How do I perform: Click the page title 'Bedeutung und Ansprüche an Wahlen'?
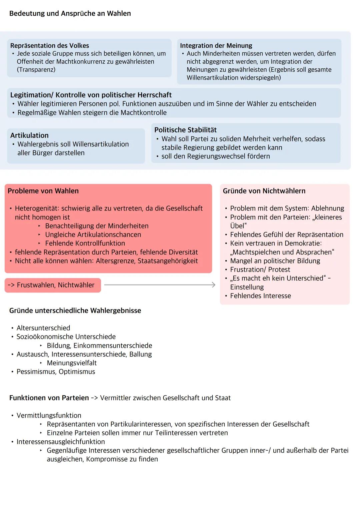(x=70, y=14)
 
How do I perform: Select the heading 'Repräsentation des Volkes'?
(x=50, y=46)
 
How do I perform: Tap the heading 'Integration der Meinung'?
(x=216, y=46)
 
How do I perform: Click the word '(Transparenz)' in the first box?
(x=36, y=70)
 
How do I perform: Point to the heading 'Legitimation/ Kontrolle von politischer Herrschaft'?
(x=91, y=95)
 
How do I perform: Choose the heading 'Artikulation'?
(x=29, y=135)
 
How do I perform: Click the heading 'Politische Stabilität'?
(x=185, y=130)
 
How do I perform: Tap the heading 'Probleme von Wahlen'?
(x=43, y=191)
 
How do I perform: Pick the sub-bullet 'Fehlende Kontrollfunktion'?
(x=85, y=243)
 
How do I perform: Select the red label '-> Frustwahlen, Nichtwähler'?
(x=53, y=285)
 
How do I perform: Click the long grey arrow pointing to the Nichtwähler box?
(x=160, y=285)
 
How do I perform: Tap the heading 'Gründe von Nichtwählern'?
(x=264, y=191)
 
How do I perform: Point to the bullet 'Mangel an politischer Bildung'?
(x=275, y=261)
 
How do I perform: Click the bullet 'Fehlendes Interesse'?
(x=260, y=296)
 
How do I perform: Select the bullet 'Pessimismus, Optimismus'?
(x=56, y=372)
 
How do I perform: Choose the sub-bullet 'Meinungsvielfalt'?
(x=72, y=363)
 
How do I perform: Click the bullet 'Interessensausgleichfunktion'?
(x=61, y=442)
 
